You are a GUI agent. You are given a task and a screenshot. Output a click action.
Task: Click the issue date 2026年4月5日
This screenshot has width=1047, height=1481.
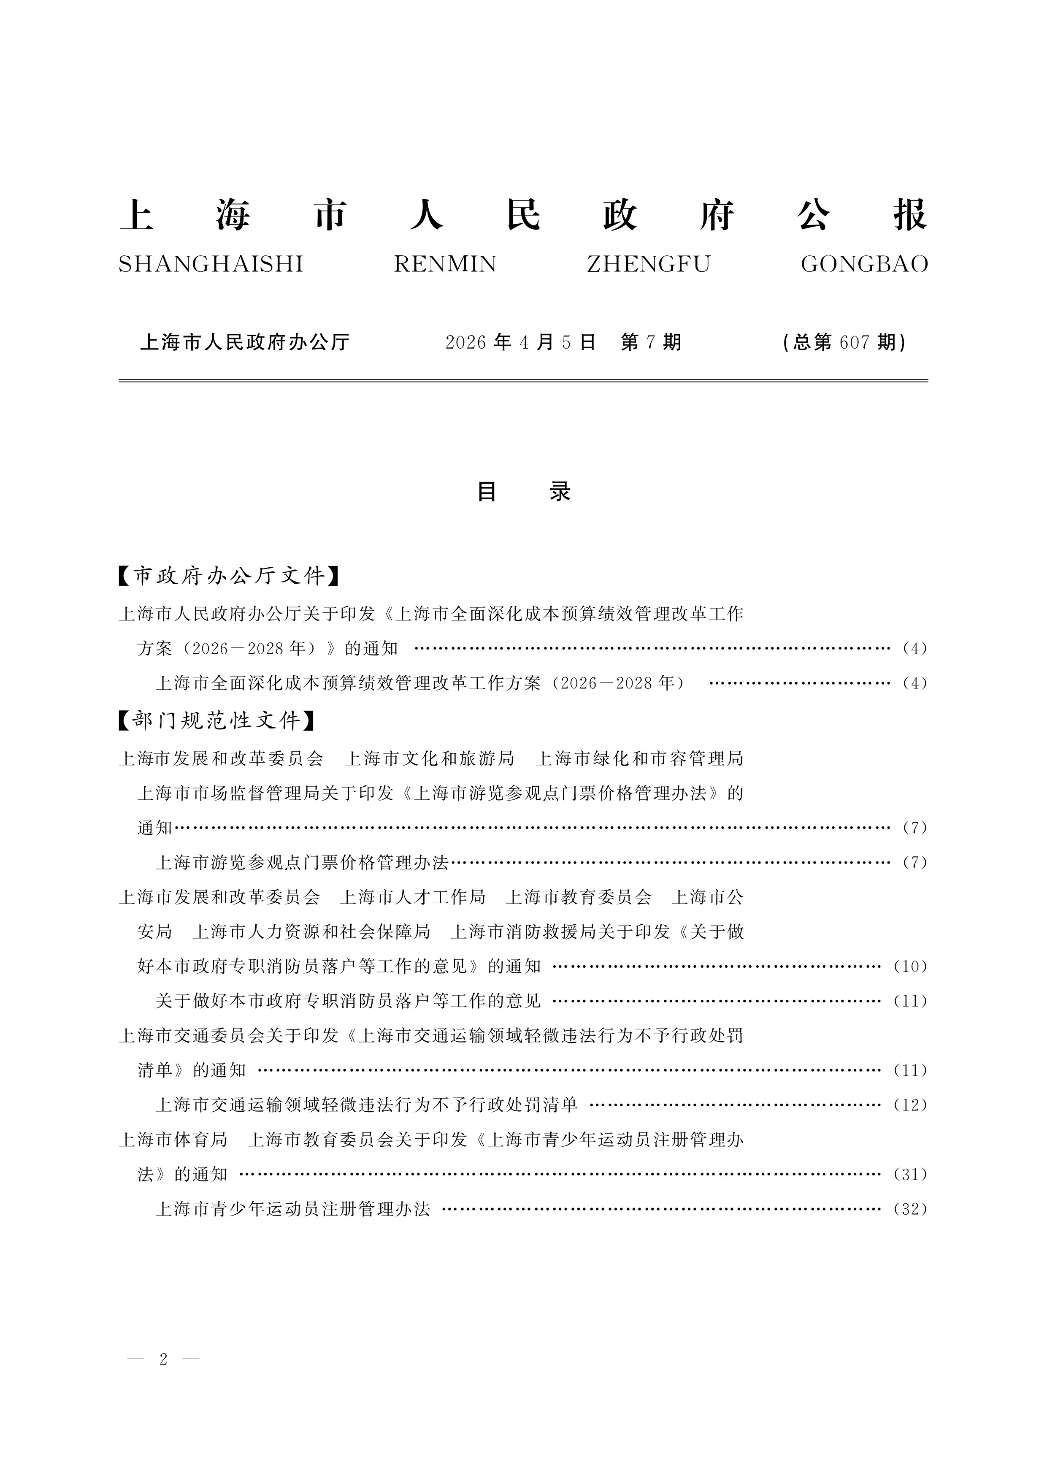pyautogui.click(x=520, y=342)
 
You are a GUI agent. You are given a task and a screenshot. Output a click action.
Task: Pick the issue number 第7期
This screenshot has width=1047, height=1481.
pyautogui.click(x=651, y=342)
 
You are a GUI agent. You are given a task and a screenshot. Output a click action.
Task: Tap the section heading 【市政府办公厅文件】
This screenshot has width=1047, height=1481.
pyautogui.click(x=229, y=575)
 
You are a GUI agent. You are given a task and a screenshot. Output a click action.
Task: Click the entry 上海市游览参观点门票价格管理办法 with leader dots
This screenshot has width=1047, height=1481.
pyautogui.click(x=302, y=862)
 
